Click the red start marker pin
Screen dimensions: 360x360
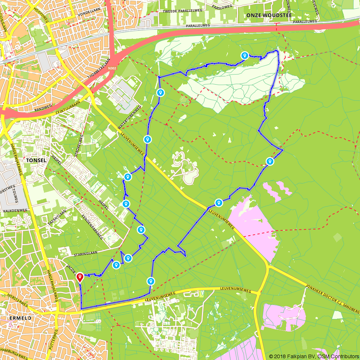point(80,278)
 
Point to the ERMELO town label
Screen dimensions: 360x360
point(16,318)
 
